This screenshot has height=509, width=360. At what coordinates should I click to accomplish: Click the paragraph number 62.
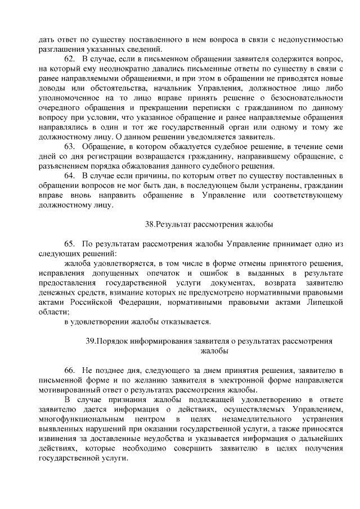[x=70, y=59]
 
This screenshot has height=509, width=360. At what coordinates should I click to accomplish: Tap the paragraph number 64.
[x=70, y=176]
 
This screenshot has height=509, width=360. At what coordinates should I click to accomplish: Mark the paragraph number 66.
[x=70, y=370]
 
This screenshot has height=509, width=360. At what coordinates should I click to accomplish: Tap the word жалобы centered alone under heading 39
[x=214, y=351]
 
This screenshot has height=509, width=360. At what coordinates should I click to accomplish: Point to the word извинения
[x=56, y=439]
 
